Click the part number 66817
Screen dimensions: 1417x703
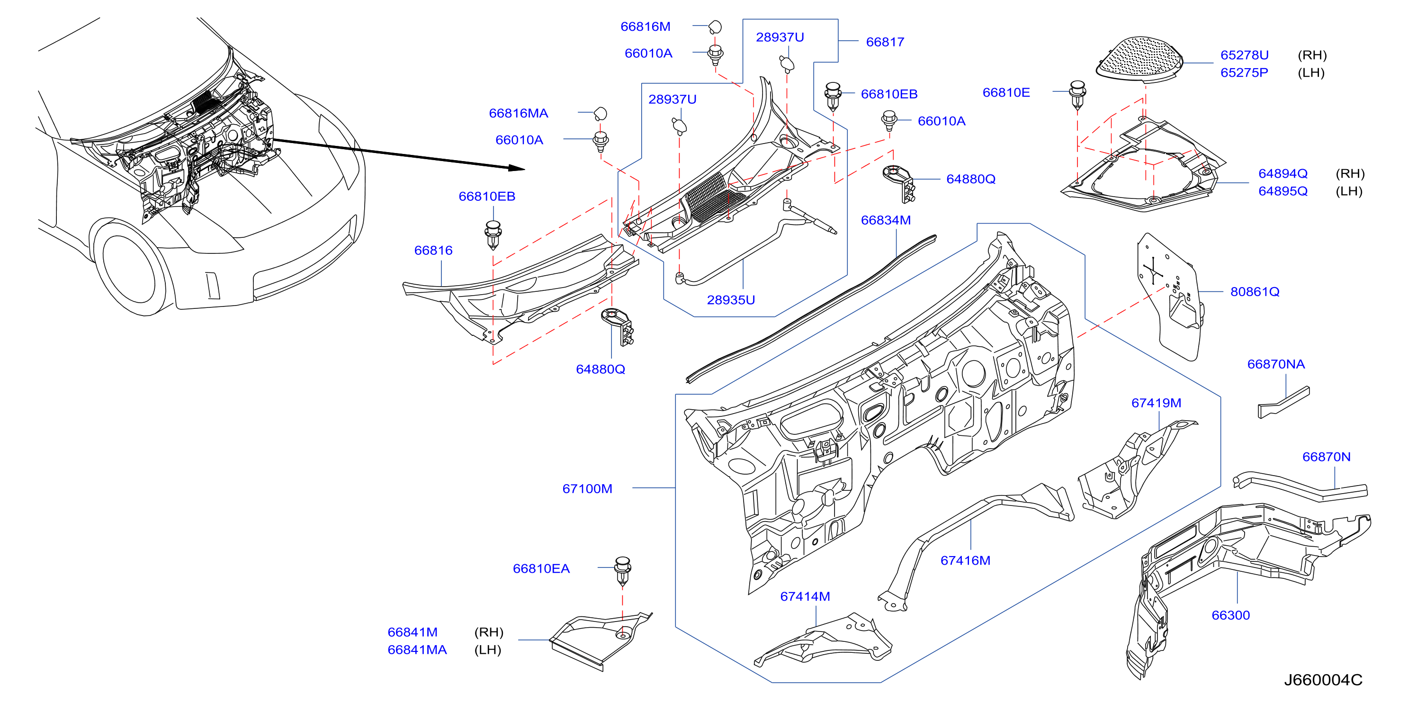[x=885, y=42]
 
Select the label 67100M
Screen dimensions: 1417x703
[x=587, y=488]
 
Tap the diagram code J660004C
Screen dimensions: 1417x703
[x=1323, y=680]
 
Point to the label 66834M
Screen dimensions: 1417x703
[x=886, y=220]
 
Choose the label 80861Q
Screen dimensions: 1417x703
[x=1255, y=291]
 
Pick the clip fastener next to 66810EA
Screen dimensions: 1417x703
[x=622, y=571]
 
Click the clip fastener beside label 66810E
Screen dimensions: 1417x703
[x=1077, y=95]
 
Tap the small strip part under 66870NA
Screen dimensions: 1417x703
[x=1284, y=402]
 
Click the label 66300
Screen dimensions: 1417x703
[x=1230, y=615]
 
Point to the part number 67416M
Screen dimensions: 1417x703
[x=965, y=560]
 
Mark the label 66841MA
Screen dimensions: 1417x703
[x=417, y=649]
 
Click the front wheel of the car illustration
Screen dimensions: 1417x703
[x=129, y=269]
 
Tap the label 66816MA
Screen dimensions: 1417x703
[x=518, y=113]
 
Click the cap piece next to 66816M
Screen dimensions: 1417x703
[x=715, y=27]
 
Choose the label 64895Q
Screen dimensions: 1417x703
[x=1283, y=191]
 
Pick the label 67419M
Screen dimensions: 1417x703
[x=1156, y=403]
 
